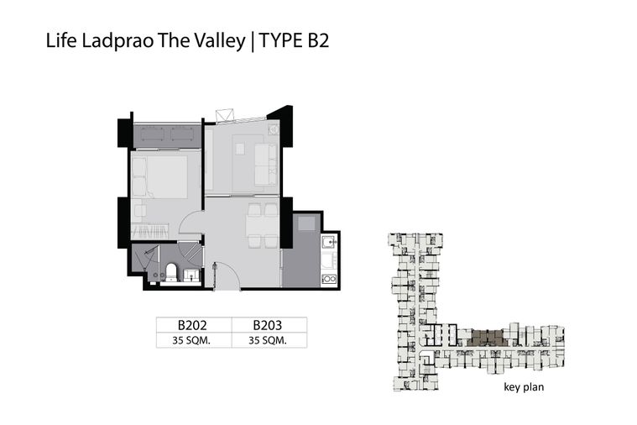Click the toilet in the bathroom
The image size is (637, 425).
171,272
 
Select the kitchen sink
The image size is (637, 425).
328,243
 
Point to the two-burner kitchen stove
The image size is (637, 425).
329,279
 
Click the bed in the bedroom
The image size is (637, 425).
159,177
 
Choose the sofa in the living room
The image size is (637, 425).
266,165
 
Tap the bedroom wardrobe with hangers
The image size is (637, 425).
150,232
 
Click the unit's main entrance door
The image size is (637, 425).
227,276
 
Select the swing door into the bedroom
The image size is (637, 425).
191,222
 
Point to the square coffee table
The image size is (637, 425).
240,150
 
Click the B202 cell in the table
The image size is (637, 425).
192,325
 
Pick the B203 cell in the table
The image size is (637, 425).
268,325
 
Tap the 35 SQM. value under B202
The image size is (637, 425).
191,340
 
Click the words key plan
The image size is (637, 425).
524,386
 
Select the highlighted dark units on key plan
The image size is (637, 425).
487,338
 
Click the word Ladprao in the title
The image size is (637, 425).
117,41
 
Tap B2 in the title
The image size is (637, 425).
318,40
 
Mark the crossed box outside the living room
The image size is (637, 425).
225,115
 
